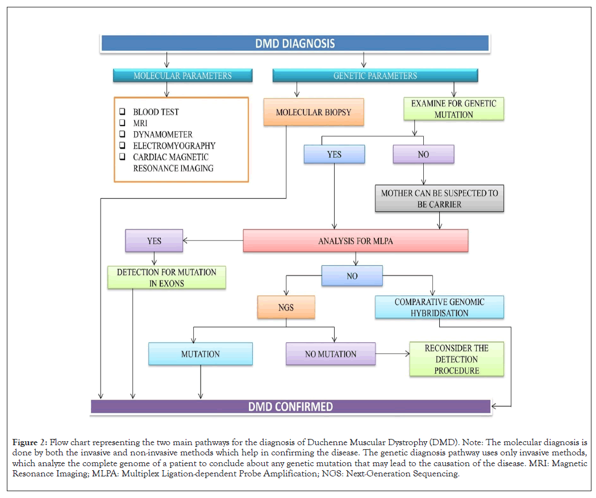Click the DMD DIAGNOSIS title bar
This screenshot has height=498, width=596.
(294, 43)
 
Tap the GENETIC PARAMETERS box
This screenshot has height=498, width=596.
(375, 76)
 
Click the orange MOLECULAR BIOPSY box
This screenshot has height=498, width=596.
(314, 112)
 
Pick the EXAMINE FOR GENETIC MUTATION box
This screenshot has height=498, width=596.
(453, 109)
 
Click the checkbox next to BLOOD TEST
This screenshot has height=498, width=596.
(122, 112)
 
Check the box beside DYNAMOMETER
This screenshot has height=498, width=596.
(122, 135)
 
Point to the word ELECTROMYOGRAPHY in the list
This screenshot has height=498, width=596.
(174, 146)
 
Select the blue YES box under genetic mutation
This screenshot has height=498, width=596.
(334, 154)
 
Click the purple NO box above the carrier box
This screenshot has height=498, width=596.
(423, 154)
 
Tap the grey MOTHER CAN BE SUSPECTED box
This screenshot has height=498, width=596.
(439, 199)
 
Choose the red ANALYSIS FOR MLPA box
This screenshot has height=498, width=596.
(356, 241)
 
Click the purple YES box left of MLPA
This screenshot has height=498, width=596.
(154, 241)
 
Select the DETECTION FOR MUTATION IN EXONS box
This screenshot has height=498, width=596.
(166, 278)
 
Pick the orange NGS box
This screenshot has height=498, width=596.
(286, 307)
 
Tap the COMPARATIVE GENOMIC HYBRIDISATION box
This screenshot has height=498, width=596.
(440, 307)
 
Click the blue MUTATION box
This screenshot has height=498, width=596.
(200, 354)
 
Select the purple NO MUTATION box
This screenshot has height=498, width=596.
(330, 354)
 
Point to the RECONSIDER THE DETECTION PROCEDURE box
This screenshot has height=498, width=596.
(457, 359)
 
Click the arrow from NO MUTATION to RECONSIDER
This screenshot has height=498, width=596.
(393, 354)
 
